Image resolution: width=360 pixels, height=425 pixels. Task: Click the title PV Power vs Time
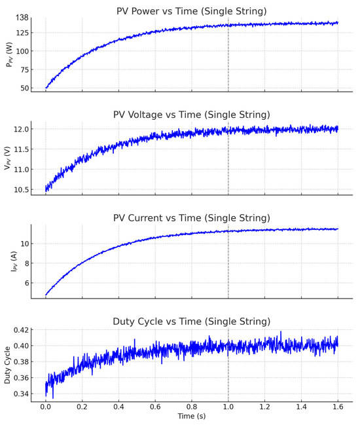(191, 11)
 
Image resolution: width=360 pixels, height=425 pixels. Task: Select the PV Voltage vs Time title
(191, 115)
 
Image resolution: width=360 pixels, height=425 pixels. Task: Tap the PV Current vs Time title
(191, 217)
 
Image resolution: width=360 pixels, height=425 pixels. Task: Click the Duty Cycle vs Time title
(191, 322)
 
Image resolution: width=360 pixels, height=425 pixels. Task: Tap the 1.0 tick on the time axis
(228, 407)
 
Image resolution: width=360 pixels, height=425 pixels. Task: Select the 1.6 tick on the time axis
(337, 407)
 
